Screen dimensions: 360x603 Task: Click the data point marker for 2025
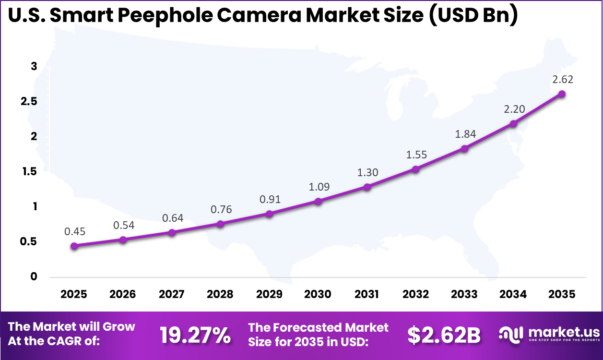click(74, 246)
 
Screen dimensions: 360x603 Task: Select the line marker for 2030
click(318, 202)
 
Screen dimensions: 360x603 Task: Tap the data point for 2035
click(562, 94)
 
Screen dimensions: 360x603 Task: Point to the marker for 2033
click(464, 149)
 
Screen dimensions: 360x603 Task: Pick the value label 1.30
click(367, 172)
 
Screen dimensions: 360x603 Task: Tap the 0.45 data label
click(75, 232)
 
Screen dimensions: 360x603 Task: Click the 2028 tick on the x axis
click(220, 294)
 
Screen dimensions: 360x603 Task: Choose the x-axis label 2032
click(415, 294)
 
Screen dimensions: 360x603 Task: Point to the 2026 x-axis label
click(123, 294)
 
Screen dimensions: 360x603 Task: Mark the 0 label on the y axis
click(34, 276)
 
